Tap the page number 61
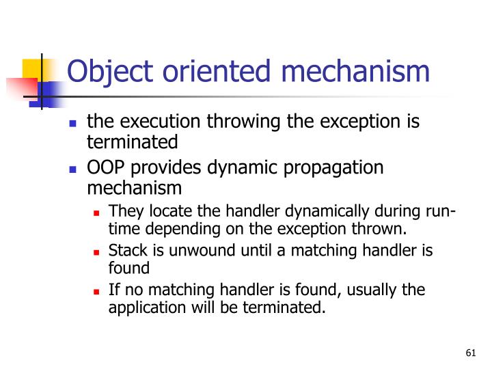point(469,353)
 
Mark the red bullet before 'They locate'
point(96,212)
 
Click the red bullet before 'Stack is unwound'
point(96,251)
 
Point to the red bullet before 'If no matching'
point(96,291)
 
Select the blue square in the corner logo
point(50,89)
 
